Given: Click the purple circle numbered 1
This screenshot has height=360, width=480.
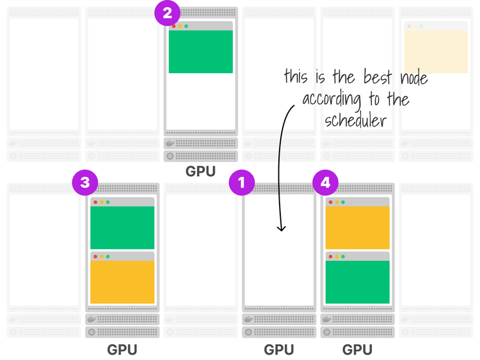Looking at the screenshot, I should (x=242, y=183).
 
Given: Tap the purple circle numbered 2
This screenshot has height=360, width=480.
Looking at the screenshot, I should (x=167, y=13).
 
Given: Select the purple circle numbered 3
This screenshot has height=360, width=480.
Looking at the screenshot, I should (x=85, y=183).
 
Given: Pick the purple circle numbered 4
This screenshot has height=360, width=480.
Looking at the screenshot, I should (x=325, y=183).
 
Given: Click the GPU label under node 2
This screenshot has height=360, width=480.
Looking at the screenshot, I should (x=200, y=172).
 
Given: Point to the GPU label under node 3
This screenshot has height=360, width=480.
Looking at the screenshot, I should (x=122, y=349).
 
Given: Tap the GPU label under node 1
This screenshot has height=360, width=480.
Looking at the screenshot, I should (x=279, y=349).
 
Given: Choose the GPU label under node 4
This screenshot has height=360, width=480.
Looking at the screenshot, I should (x=358, y=349).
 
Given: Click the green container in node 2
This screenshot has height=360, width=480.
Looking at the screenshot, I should (x=200, y=52).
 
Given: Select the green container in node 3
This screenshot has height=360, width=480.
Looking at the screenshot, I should (x=122, y=227).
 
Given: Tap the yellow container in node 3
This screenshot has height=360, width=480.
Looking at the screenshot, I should (x=122, y=281).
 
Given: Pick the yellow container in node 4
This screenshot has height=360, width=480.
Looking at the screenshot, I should (x=358, y=227).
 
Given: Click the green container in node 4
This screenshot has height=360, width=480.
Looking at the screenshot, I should (x=358, y=281).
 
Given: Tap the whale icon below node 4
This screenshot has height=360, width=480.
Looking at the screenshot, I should (x=327, y=320).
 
